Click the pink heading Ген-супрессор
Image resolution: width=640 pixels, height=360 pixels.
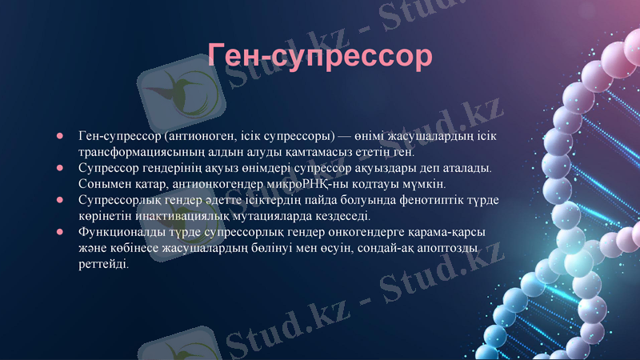pos(320,56)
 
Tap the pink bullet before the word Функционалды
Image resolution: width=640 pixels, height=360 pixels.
pos(59,232)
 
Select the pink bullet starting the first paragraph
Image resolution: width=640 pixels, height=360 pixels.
pos(59,136)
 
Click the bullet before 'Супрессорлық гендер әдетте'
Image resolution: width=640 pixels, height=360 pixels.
pos(59,200)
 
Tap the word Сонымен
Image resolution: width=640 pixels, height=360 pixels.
pos(102,184)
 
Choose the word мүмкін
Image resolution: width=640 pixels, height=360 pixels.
pos(414,184)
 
